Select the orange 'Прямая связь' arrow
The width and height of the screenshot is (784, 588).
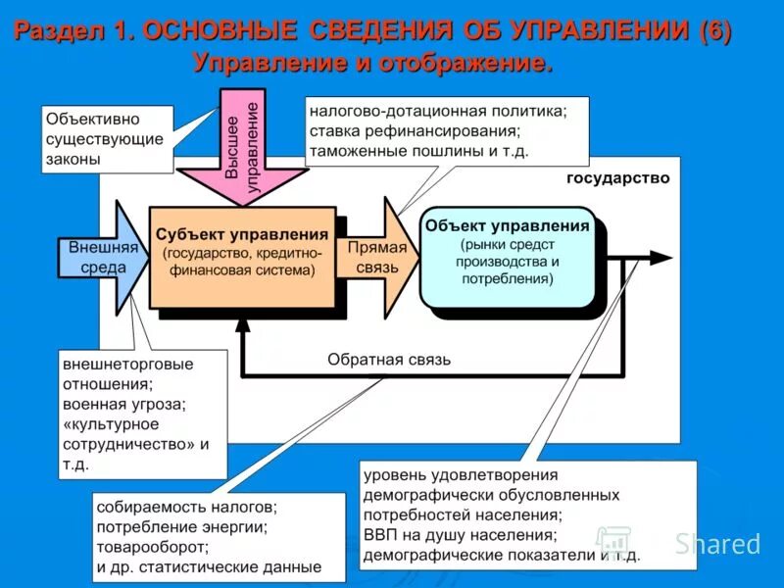[377, 257]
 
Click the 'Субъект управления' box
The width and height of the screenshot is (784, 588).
[242, 255]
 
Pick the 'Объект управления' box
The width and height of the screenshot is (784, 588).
[507, 255]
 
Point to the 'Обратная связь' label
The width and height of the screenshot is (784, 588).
[389, 359]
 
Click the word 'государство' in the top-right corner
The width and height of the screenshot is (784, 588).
[617, 178]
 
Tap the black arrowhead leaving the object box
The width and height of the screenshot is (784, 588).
[661, 258]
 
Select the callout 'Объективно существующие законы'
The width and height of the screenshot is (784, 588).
[106, 139]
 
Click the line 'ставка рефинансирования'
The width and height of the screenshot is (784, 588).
[413, 131]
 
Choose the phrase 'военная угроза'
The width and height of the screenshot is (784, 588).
[123, 403]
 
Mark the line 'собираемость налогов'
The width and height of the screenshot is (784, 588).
[187, 507]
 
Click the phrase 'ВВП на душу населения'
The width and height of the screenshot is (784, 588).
[460, 535]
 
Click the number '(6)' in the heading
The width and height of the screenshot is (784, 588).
[714, 30]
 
